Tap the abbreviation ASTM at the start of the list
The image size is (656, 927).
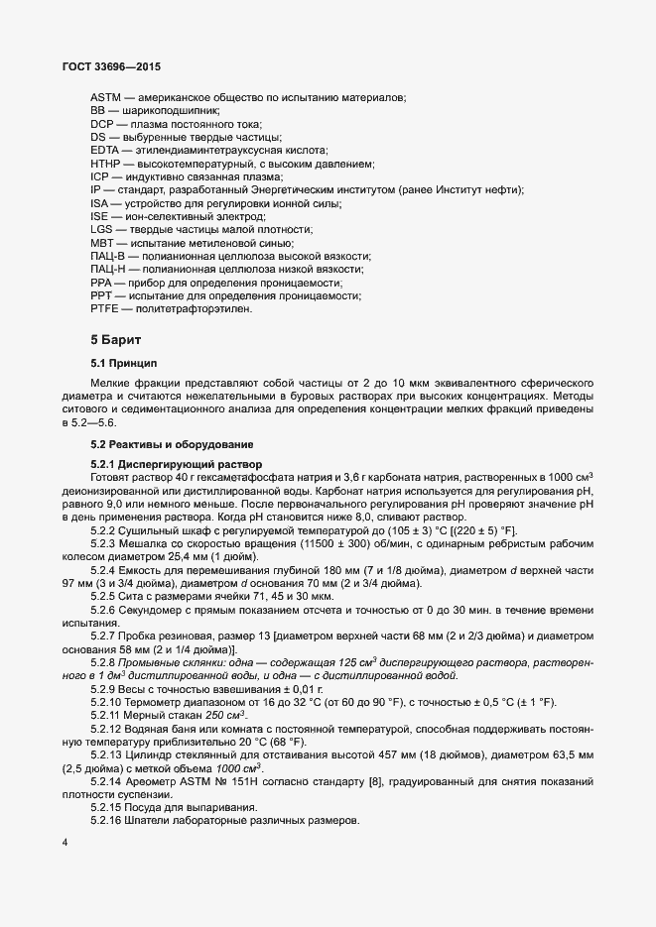click(x=106, y=97)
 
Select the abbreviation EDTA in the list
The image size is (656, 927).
click(x=105, y=149)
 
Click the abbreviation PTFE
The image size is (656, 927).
click(x=104, y=309)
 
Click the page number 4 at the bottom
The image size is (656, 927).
click(x=65, y=844)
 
